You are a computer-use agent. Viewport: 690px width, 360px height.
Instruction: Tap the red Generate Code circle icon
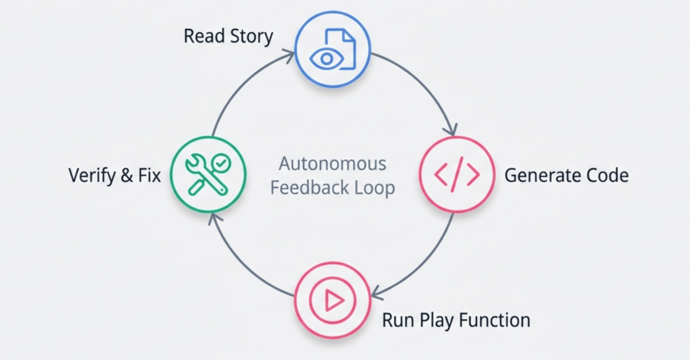tap(457, 175)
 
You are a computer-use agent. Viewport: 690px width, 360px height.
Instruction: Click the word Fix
tap(148, 176)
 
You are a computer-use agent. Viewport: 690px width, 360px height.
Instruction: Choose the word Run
tap(398, 319)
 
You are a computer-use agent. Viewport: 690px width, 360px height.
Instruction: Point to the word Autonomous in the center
tap(333, 164)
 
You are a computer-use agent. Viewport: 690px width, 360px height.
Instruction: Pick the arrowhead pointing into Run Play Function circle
tap(377, 293)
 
